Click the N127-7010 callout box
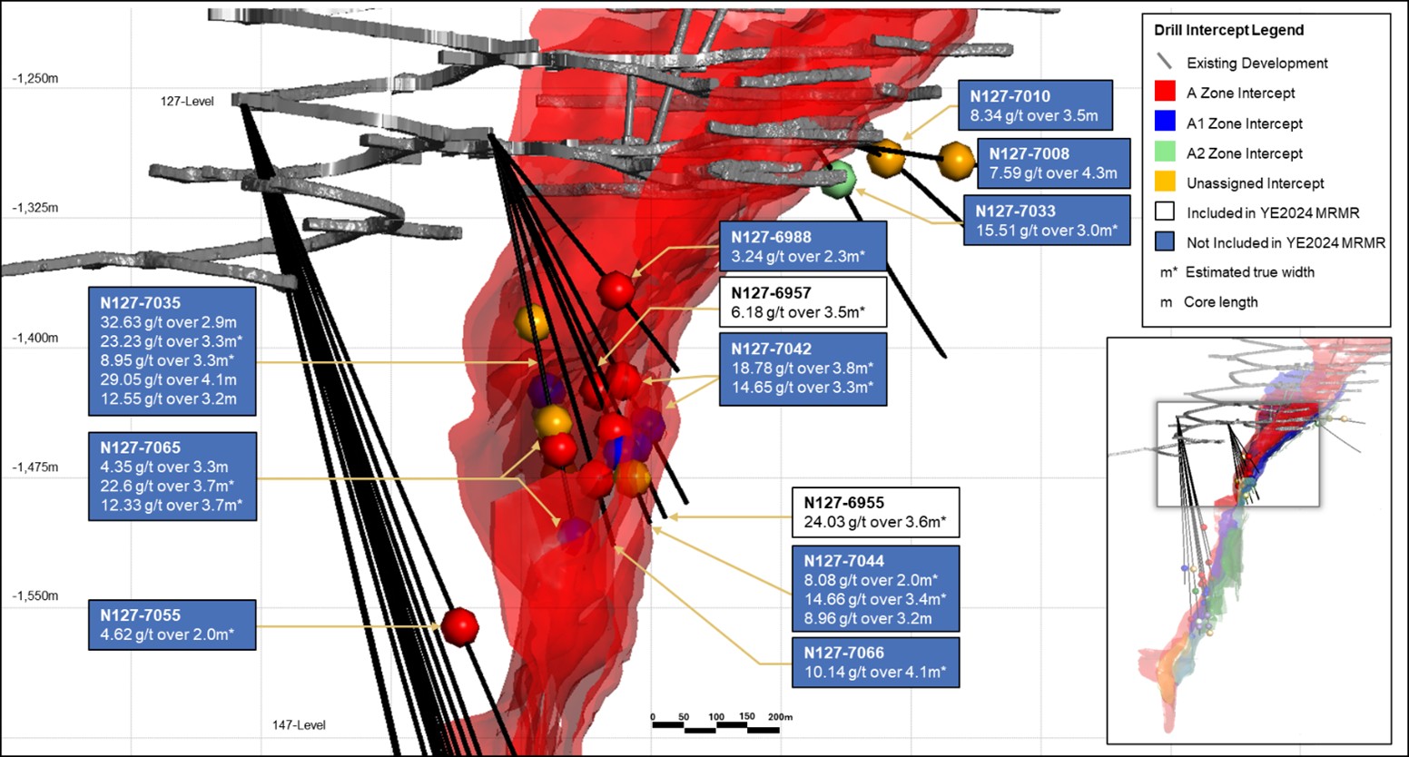[1035, 105]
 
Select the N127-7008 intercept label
[1053, 163]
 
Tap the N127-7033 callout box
[1046, 221]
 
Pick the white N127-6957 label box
[803, 302]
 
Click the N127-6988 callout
[803, 246]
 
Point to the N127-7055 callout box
[172, 624]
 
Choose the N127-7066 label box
[875, 663]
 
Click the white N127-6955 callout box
[875, 513]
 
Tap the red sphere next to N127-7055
[460, 626]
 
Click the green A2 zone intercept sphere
[839, 180]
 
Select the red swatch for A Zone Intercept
[1165, 93]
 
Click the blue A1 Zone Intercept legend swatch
[1165, 123]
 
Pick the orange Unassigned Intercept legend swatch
[1165, 182]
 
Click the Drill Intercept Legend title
[1228, 30]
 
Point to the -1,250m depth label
[35, 79]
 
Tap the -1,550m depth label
[35, 596]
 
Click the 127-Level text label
[187, 102]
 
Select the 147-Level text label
[299, 725]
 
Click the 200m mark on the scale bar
[780, 717]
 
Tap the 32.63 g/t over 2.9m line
[168, 322]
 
